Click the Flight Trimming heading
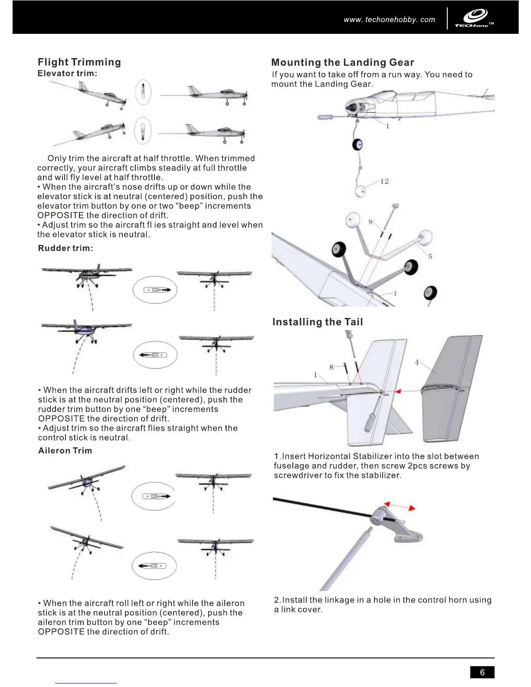tap(79, 62)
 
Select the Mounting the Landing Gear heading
tap(343, 62)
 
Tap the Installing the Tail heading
tap(318, 322)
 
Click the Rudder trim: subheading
tap(66, 248)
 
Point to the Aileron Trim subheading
tap(65, 451)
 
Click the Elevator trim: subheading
tap(67, 73)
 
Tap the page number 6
tap(482, 672)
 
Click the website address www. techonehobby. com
tap(389, 20)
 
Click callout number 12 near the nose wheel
tap(384, 181)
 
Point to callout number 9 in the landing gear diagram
tap(370, 222)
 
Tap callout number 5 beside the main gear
tap(430, 256)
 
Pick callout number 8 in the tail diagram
tap(331, 367)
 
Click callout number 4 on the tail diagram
tap(417, 363)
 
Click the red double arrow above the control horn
tap(400, 506)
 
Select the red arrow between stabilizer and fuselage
tap(408, 391)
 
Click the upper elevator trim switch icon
tap(143, 92)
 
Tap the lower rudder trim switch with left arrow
tap(155, 355)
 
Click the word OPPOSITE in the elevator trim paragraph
tap(61, 216)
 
